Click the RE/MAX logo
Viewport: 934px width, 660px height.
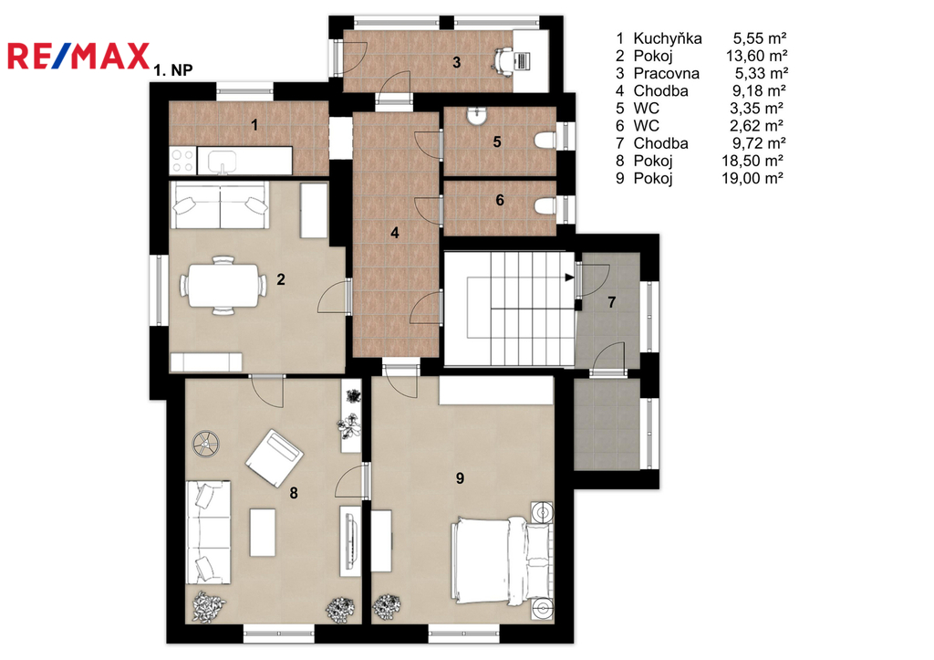click(78, 56)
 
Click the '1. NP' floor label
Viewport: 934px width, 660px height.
click(173, 69)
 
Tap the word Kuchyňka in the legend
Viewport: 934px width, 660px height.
click(667, 38)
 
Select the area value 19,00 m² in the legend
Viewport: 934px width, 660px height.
click(752, 178)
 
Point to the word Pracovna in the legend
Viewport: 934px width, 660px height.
click(666, 73)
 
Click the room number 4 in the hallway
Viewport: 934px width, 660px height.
click(395, 233)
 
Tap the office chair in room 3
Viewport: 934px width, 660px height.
click(503, 60)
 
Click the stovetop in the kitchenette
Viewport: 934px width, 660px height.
click(182, 161)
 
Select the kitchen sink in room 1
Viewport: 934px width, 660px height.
click(222, 161)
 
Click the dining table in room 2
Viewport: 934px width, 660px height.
click(223, 285)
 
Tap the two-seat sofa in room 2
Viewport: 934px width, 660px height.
click(220, 205)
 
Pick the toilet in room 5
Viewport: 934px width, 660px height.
click(545, 141)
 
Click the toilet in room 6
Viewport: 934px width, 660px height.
click(545, 206)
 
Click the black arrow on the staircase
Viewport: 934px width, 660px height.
click(569, 278)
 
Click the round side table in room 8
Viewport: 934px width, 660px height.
click(206, 444)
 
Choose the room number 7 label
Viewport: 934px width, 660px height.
click(612, 302)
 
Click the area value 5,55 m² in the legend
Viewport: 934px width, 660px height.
click(760, 38)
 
